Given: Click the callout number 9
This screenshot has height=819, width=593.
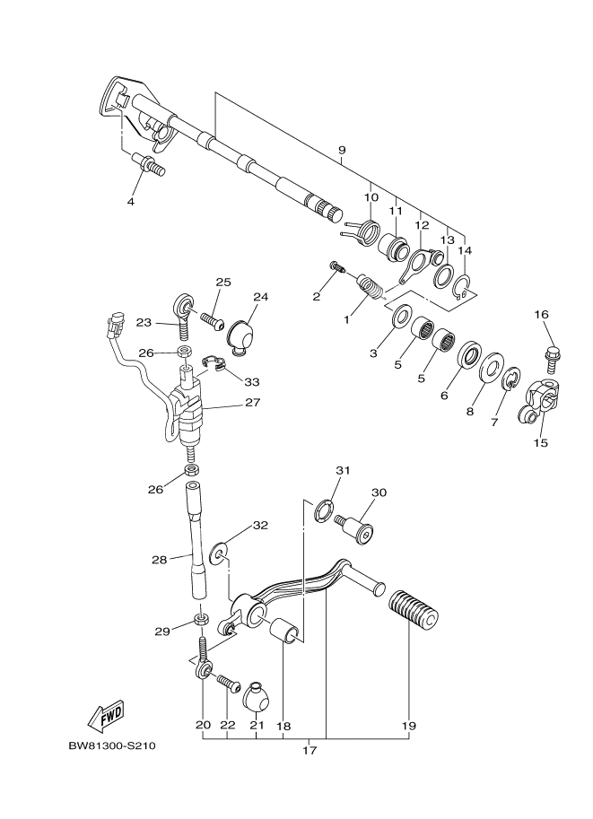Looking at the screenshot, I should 342,150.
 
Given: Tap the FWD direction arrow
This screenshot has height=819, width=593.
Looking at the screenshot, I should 106,714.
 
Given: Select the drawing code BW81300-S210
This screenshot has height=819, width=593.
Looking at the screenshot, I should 112,746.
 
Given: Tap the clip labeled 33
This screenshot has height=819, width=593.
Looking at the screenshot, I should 213,363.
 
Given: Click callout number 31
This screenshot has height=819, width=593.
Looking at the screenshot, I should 342,471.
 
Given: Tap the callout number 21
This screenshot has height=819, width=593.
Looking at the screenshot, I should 257,725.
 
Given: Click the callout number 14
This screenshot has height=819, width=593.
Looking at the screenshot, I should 464,251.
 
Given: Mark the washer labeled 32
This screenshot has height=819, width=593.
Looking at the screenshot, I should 217,556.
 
